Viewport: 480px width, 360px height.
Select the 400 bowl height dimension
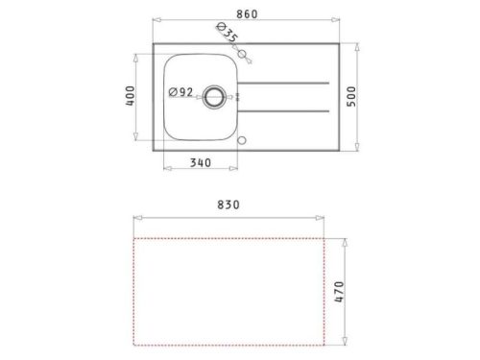tap(135, 97)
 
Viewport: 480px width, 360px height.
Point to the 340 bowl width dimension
tap(200, 163)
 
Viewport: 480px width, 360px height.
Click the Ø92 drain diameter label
tap(181, 92)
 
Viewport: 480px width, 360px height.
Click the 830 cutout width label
tap(228, 204)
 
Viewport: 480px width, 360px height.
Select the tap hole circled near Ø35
tap(242, 55)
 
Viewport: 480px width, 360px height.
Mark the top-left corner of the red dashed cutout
tap(134, 238)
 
